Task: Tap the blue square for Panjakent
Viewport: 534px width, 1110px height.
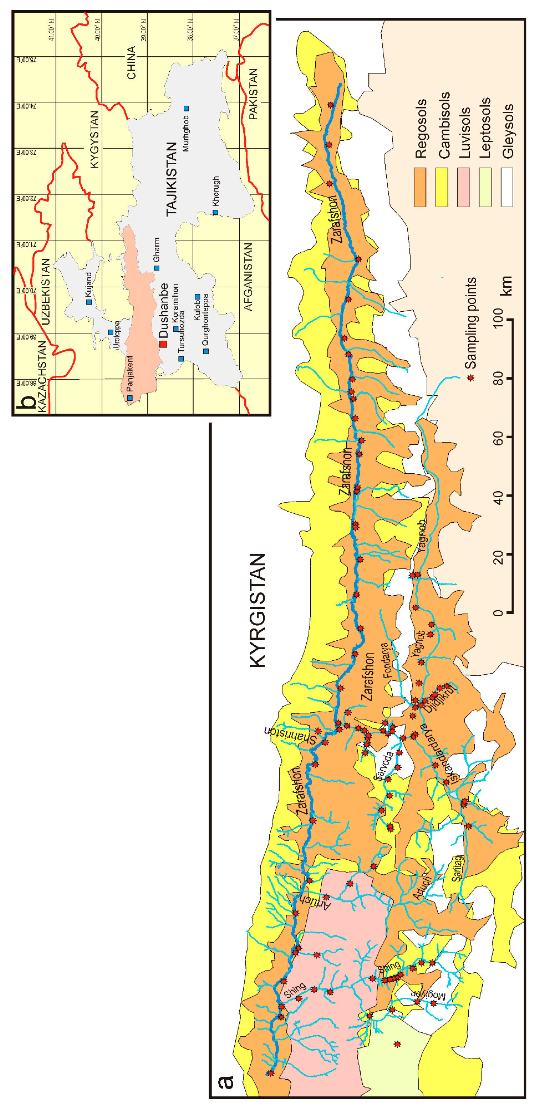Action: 130,398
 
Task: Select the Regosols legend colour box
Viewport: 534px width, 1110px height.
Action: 420,188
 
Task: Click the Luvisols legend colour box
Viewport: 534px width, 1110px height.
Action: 463,188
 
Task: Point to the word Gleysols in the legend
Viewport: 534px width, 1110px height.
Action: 508,131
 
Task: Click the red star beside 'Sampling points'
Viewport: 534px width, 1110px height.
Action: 471,378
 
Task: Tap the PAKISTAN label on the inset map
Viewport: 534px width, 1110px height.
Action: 253,94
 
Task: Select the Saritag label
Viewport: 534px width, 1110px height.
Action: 458,868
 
